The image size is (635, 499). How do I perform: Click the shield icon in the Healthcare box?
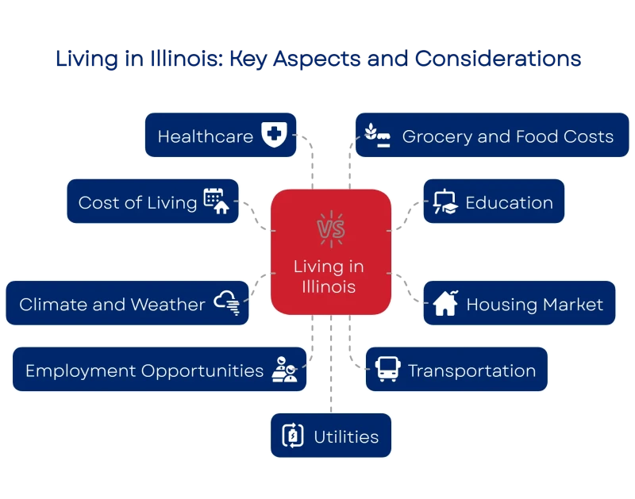pyautogui.click(x=274, y=134)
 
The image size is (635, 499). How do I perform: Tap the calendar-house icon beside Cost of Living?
pyautogui.click(x=216, y=202)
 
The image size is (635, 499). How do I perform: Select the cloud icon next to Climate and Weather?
pyautogui.click(x=227, y=303)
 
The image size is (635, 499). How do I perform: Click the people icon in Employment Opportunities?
pyautogui.click(x=285, y=369)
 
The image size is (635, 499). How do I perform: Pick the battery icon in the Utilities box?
pyautogui.click(x=293, y=436)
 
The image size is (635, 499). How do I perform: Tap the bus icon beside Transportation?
pyautogui.click(x=388, y=369)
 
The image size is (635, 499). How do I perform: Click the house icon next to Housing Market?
pyautogui.click(x=445, y=303)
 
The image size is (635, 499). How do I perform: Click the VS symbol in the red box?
pyautogui.click(x=331, y=229)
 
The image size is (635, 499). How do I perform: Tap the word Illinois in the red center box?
pyautogui.click(x=329, y=287)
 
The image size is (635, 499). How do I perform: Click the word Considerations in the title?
pyautogui.click(x=498, y=58)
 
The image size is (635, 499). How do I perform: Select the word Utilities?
pyautogui.click(x=346, y=437)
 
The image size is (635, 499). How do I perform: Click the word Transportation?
pyautogui.click(x=471, y=370)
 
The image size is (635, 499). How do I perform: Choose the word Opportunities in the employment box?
pyautogui.click(x=202, y=371)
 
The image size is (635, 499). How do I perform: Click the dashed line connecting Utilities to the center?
pyautogui.click(x=331, y=364)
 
